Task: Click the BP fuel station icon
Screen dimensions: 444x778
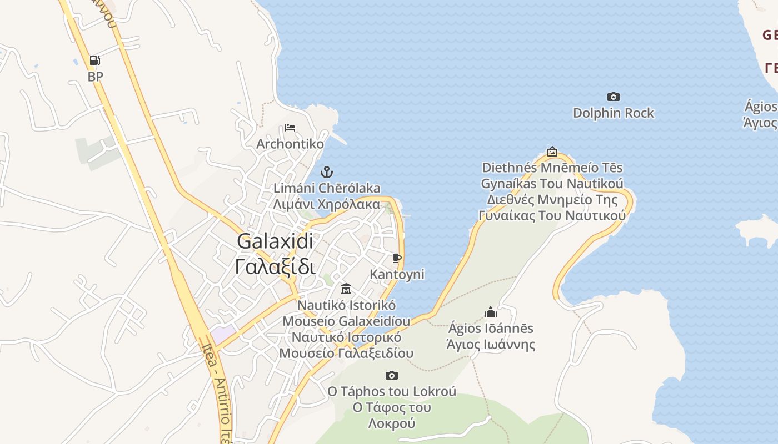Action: pyautogui.click(x=95, y=60)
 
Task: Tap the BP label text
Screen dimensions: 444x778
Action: pyautogui.click(x=96, y=77)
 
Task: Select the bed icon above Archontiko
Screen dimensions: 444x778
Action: pyautogui.click(x=290, y=128)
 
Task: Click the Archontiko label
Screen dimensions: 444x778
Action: pyautogui.click(x=290, y=144)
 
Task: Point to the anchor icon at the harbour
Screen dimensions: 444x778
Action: pyautogui.click(x=327, y=171)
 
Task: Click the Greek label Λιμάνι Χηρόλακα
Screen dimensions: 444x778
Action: pyautogui.click(x=327, y=204)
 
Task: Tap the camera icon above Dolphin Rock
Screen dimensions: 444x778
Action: pyautogui.click(x=613, y=97)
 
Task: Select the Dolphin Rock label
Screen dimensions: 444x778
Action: pyautogui.click(x=613, y=113)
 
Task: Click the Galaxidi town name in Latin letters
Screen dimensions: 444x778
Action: pyautogui.click(x=275, y=241)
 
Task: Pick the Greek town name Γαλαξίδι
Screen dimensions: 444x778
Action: pyautogui.click(x=275, y=267)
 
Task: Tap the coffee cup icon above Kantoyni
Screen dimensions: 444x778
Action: pyautogui.click(x=397, y=258)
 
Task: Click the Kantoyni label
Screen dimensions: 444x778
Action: pyautogui.click(x=397, y=274)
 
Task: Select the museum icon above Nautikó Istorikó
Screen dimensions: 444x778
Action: pyautogui.click(x=346, y=289)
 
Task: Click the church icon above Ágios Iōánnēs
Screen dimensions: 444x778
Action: pyautogui.click(x=490, y=312)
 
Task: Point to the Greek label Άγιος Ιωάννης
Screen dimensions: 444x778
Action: pyautogui.click(x=491, y=345)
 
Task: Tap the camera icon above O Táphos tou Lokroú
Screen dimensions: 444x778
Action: pyautogui.click(x=392, y=376)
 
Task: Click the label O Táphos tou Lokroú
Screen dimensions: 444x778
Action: pyautogui.click(x=392, y=392)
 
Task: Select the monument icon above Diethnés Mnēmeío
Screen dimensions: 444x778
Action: pyautogui.click(x=552, y=152)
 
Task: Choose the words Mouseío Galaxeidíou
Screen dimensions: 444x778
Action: pyautogui.click(x=346, y=321)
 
